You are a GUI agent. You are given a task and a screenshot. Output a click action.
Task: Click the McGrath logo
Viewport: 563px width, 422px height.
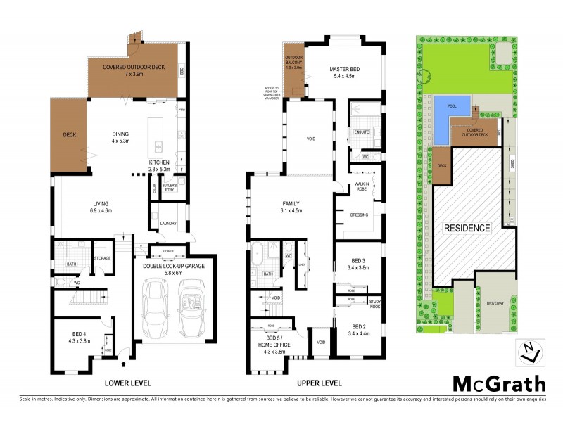(x=498, y=383)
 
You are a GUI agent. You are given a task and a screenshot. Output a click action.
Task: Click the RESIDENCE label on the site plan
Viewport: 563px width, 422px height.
(x=466, y=229)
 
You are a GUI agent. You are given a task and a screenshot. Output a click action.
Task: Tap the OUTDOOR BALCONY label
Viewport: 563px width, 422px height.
(x=294, y=61)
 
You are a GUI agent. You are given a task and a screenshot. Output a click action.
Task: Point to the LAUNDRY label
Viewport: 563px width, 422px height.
(x=167, y=224)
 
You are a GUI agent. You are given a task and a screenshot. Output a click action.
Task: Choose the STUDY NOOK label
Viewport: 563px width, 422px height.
(x=374, y=304)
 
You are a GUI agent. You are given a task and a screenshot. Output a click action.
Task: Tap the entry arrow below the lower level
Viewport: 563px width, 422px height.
(x=125, y=364)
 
